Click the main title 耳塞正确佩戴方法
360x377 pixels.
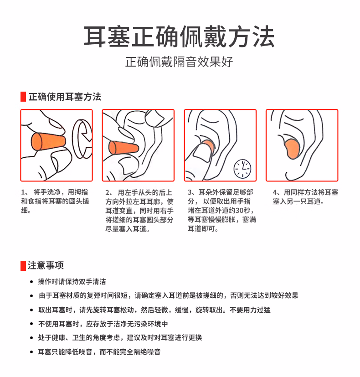pyautogui.click(x=179, y=36)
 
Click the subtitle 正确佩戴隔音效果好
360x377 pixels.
pyautogui.click(x=179, y=62)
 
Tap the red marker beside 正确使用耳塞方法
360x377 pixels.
pyautogui.click(x=23, y=97)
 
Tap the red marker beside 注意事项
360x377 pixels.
pyautogui.click(x=23, y=265)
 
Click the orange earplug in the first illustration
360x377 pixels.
pyautogui.click(x=48, y=142)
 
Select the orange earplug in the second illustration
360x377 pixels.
pyautogui.click(x=123, y=148)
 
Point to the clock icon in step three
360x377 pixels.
pyautogui.click(x=242, y=169)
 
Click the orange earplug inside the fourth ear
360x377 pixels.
pyautogui.click(x=292, y=149)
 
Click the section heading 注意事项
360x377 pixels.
pyautogui.click(x=46, y=265)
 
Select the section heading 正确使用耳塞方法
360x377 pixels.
pyautogui.click(x=65, y=97)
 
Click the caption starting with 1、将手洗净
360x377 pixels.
pyautogui.click(x=55, y=201)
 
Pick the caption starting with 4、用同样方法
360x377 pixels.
pyautogui.click(x=305, y=197)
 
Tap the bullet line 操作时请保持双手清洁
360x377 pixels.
pyautogui.click(x=72, y=282)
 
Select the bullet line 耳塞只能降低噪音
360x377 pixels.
pyautogui.click(x=99, y=352)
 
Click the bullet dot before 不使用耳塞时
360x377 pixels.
pyautogui.click(x=31, y=324)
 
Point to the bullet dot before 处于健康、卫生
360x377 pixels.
pyautogui.click(x=31, y=338)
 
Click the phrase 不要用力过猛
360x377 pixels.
pyautogui.click(x=250, y=310)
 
